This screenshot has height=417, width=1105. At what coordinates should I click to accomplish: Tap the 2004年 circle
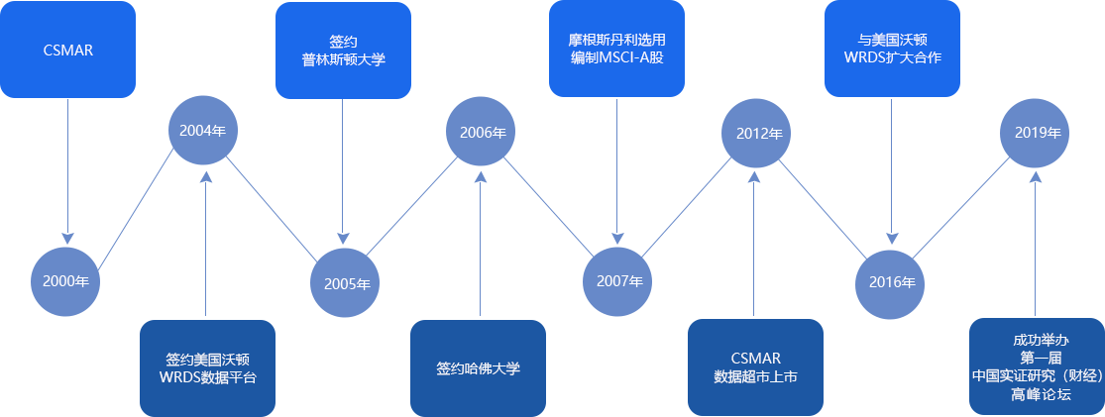click(x=205, y=131)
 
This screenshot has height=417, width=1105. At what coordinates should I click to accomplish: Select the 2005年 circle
click(x=347, y=283)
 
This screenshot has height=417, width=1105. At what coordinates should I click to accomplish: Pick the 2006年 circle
click(x=482, y=131)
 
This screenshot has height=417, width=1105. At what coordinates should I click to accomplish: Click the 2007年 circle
click(x=619, y=281)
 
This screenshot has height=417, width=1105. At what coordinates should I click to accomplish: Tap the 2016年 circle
click(x=892, y=282)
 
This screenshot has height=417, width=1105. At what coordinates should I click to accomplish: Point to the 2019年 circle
click(x=1036, y=132)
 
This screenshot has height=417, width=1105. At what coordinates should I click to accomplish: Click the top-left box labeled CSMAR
click(x=67, y=50)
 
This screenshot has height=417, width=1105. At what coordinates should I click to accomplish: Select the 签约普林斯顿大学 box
click(x=343, y=51)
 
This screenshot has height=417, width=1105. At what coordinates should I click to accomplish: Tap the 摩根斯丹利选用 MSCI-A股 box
click(x=616, y=49)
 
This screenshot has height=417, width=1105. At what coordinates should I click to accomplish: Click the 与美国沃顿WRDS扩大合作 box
click(x=892, y=49)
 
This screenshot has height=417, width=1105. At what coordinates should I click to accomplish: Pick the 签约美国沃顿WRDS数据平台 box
click(x=206, y=366)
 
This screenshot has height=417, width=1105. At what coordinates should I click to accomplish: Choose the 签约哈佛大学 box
click(x=479, y=367)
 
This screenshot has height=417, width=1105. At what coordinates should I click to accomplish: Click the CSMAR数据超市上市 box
click(x=756, y=366)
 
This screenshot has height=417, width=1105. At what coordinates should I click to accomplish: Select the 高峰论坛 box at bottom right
click(x=1036, y=366)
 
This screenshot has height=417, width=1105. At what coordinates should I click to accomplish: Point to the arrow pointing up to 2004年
click(x=205, y=248)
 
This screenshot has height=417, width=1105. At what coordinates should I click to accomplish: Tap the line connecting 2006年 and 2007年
click(x=550, y=206)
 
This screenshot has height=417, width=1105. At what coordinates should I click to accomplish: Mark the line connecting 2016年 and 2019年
click(x=963, y=207)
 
